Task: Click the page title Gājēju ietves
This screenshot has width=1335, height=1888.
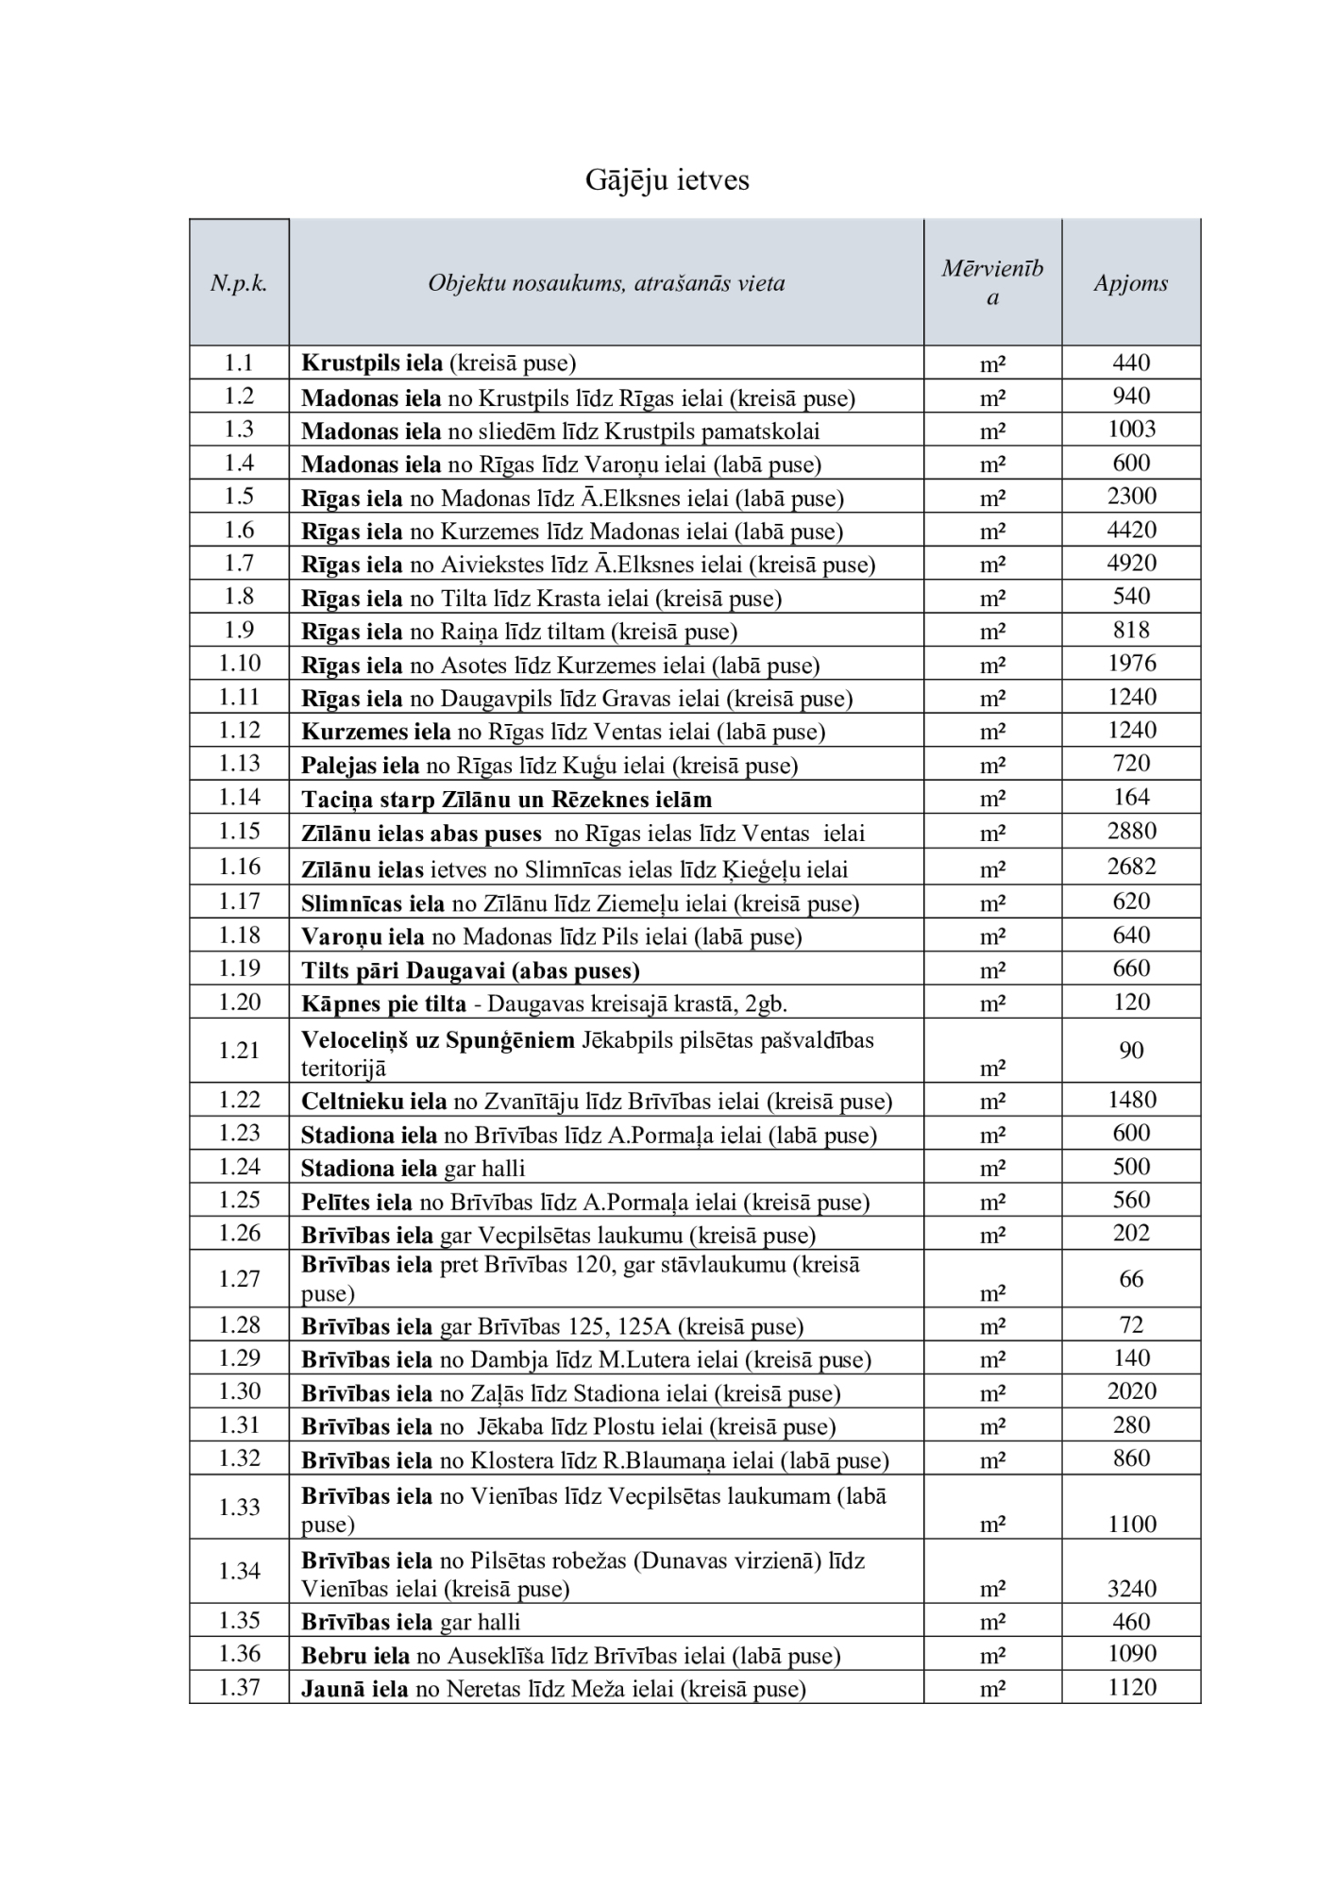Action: [x=667, y=179]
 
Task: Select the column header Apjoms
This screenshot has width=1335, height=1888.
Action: [x=1130, y=283]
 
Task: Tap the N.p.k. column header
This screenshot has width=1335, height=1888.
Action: [x=239, y=283]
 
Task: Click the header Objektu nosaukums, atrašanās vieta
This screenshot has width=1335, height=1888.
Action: [x=606, y=283]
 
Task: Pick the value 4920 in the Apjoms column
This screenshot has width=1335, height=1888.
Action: [x=1131, y=564]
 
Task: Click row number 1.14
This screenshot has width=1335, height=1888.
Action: [x=239, y=798]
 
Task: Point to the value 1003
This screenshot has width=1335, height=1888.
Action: [x=1131, y=430]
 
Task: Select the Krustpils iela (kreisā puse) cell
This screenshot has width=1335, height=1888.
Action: [x=438, y=362]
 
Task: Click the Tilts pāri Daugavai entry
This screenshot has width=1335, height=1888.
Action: [x=470, y=970]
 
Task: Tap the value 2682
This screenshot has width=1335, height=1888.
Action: [x=1131, y=867]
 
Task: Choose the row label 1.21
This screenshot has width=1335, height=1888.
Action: [x=239, y=1050]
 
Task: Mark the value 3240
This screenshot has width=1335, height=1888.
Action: [x=1131, y=1589]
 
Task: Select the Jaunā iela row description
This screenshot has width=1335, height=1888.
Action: [x=553, y=1689]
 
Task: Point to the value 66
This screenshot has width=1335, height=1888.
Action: [x=1131, y=1279]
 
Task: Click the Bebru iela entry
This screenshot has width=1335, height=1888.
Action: [x=570, y=1656]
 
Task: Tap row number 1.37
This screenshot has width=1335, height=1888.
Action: [x=239, y=1688]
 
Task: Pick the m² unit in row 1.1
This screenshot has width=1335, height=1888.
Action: [x=991, y=364]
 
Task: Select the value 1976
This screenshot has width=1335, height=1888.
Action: [x=1131, y=664]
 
